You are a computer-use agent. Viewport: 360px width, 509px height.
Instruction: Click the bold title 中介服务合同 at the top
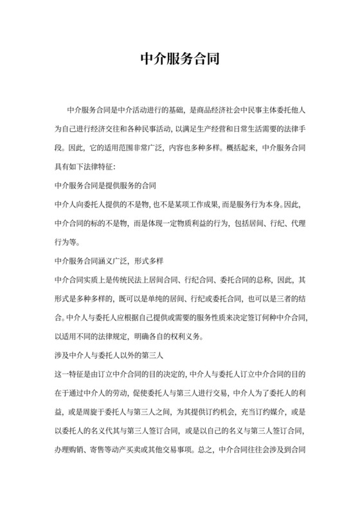179,60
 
